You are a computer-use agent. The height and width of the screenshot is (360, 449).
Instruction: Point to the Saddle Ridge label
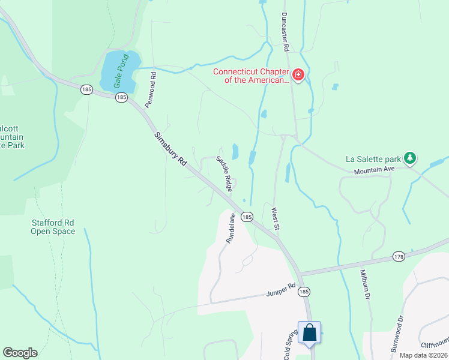point(224,174)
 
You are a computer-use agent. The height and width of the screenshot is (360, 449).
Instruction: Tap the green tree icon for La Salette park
point(410,158)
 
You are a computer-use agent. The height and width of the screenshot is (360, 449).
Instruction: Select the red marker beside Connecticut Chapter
point(298,75)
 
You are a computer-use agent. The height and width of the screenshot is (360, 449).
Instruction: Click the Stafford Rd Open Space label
point(53,227)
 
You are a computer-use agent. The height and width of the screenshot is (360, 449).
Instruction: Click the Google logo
point(20,353)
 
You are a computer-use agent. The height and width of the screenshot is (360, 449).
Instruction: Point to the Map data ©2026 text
point(423,355)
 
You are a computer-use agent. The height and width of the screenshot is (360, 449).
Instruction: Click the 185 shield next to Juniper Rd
point(304,291)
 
